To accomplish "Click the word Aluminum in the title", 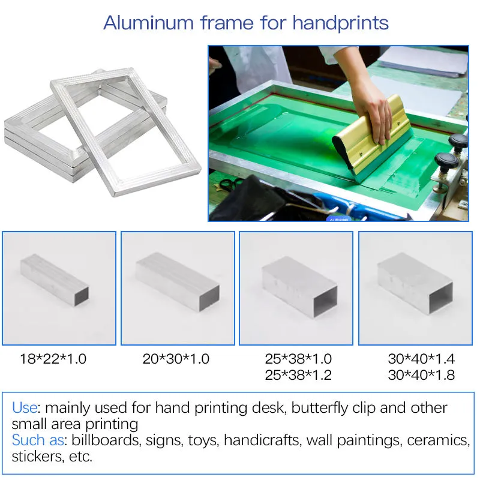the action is click(148, 23).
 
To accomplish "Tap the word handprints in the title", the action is click(340, 23).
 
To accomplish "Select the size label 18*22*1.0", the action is click(53, 359).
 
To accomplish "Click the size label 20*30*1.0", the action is click(176, 359).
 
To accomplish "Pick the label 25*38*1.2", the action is click(298, 375).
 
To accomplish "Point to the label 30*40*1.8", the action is click(421, 375).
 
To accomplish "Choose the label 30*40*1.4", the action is click(421, 359).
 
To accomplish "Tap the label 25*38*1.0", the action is click(298, 359).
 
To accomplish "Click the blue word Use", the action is click(25, 408).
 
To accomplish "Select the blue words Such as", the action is click(38, 440).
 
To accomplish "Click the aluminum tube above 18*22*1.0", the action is click(55, 280).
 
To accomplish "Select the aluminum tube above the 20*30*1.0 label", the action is click(178, 281).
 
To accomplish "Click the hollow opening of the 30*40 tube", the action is click(440, 298).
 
